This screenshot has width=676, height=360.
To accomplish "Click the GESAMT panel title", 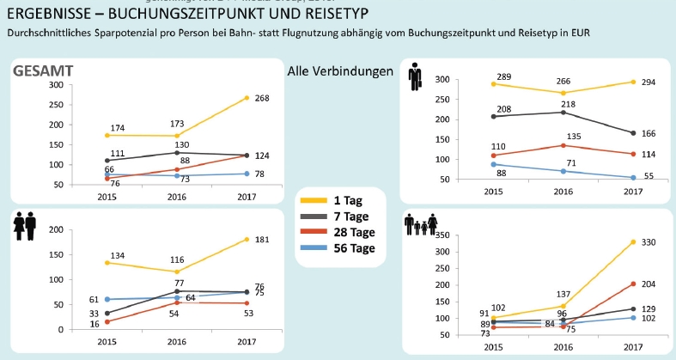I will [42, 70].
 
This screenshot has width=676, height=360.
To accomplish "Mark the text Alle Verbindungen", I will [340, 70].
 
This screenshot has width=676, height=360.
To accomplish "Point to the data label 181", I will [262, 239].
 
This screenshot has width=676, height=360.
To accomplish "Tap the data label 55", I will [649, 176].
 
